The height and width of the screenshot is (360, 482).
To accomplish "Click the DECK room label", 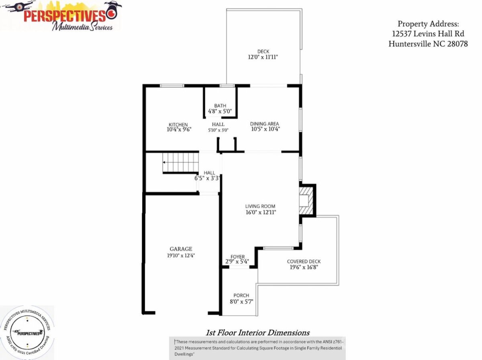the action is point(263,51).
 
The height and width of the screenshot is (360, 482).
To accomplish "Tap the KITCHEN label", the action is point(178,124).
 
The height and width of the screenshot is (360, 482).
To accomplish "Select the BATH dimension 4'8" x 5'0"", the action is point(220,111).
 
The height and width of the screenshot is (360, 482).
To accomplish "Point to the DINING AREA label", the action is point(264,124).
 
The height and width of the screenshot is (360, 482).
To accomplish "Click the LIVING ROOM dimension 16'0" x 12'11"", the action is point(261,212).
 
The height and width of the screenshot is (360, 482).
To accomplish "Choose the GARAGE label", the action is point(181,249).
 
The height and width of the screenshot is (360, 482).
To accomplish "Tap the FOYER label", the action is point(238,256).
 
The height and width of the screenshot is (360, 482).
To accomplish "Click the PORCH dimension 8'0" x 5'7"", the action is point(241,302).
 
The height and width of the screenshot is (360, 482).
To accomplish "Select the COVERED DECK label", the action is point(304,261).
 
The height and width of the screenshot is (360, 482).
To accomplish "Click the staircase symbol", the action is point(180,163).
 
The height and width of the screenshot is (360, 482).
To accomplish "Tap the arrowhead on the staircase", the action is point(164,162).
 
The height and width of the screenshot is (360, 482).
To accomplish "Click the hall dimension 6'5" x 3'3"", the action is point(207,178).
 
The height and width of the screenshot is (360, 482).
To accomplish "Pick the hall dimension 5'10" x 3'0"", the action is point(218,130).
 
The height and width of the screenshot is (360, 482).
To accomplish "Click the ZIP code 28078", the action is point(457,44).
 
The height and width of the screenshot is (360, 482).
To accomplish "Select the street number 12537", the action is point(402,34).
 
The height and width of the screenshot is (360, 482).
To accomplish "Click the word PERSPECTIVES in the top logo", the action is point(65,16).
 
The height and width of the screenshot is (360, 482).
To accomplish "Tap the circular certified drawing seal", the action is point(27,333).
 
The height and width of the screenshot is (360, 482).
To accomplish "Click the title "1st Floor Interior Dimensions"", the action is point(257,333).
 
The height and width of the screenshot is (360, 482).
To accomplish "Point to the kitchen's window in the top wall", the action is point(172,85).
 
